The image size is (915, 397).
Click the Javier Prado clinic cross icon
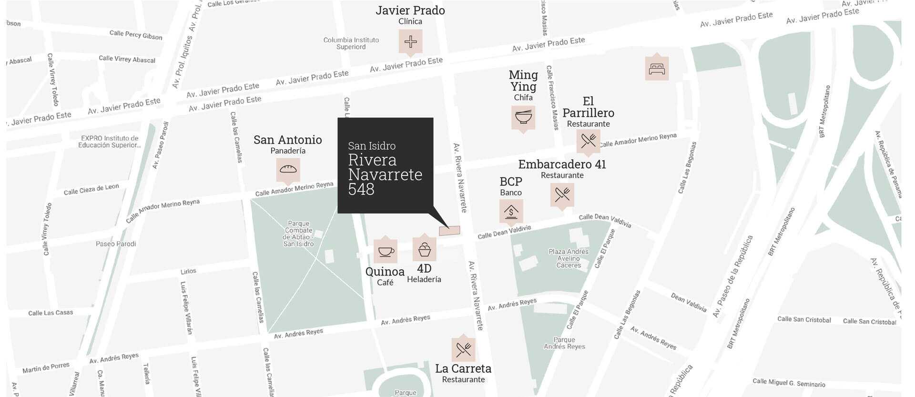click(410, 41)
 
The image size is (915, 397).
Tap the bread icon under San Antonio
click(288, 169)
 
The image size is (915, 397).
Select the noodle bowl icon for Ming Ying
click(523, 117)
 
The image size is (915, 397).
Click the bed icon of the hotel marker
click(657, 69)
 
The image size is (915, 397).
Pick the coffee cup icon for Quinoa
click(386, 251)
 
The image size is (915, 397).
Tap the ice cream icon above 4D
click(424, 249)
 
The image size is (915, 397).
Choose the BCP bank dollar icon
click(511, 211)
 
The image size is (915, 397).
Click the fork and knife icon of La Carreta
click(463, 350)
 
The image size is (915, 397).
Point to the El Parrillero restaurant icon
click(588, 141)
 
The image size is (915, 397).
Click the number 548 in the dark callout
click(361, 190)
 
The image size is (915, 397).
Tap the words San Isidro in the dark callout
click(372, 146)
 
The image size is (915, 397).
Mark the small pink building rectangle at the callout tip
click(449, 231)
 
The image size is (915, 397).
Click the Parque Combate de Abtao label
click(299, 234)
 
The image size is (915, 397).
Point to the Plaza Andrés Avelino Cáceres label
click(569, 258)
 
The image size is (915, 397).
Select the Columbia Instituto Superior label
click(351, 43)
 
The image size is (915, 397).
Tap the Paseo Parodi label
click(116, 244)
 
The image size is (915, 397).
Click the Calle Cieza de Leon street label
click(91, 189)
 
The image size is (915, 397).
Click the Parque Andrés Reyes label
click(564, 343)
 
